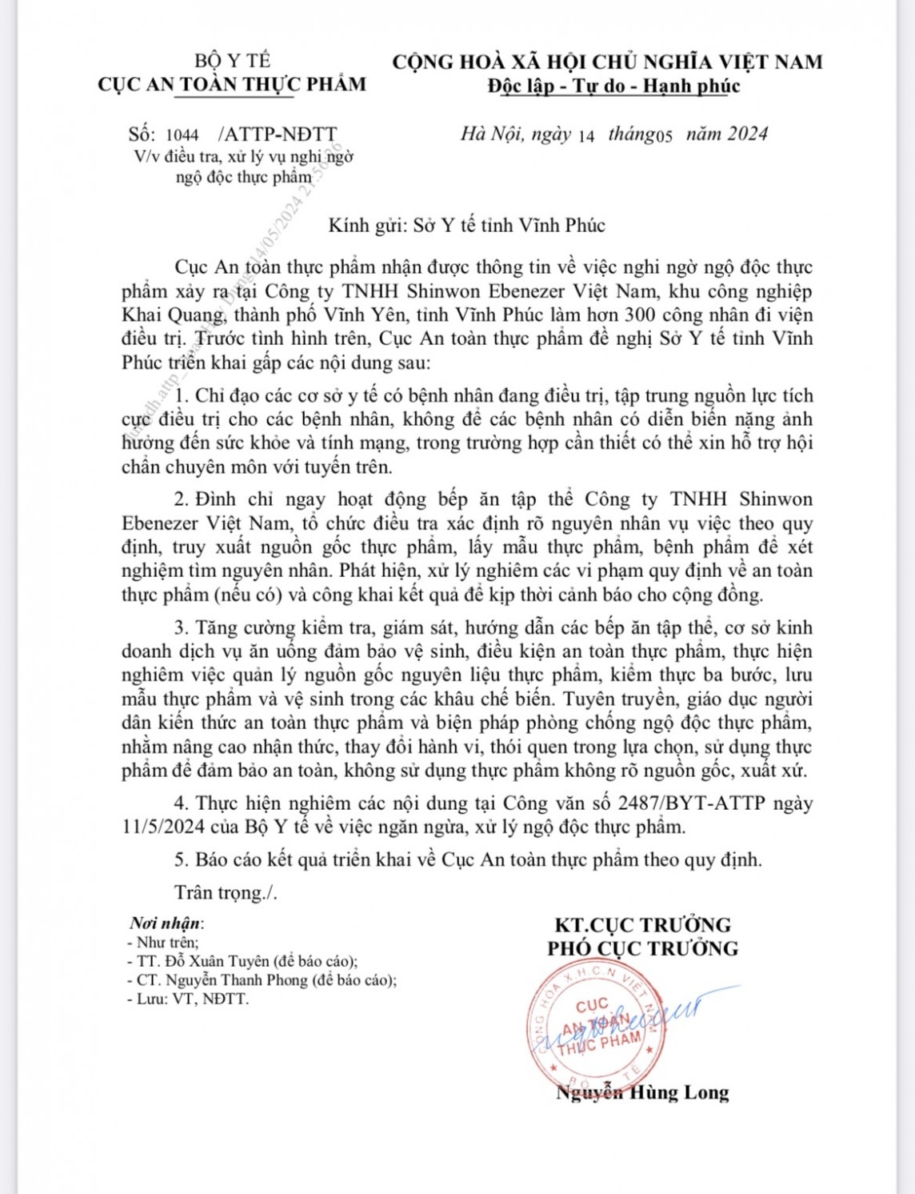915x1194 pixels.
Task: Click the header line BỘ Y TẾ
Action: (232, 61)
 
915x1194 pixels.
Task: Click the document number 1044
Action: (182, 135)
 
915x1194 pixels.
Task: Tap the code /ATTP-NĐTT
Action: (278, 134)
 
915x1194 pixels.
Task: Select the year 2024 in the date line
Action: (748, 134)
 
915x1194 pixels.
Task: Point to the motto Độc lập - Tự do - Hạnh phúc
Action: (613, 86)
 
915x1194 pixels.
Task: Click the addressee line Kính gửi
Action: (466, 225)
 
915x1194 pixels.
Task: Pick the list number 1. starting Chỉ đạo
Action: (182, 395)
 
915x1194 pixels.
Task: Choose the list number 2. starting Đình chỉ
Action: (182, 499)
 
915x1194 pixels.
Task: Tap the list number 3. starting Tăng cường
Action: (182, 627)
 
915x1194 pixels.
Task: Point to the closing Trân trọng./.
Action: (226, 892)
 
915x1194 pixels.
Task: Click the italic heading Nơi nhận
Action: (166, 923)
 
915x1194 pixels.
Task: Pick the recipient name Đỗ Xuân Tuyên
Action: (214, 961)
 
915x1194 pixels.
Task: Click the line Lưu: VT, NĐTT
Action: (188, 999)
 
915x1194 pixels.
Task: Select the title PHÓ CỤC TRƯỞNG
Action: (642, 949)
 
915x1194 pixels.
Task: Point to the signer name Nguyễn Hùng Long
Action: (642, 1092)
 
